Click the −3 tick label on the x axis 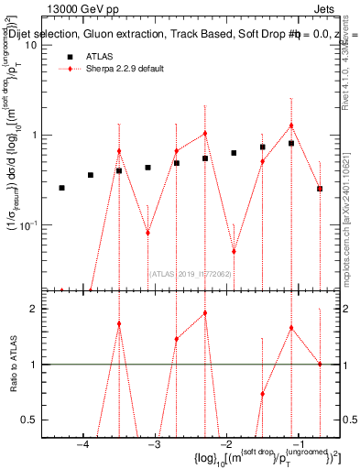coord(154,445)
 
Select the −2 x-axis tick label coord(225,445)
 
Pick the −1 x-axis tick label coord(297,445)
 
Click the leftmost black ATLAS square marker coord(61,188)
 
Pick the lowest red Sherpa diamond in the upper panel coord(234,251)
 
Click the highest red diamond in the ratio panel coord(205,313)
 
